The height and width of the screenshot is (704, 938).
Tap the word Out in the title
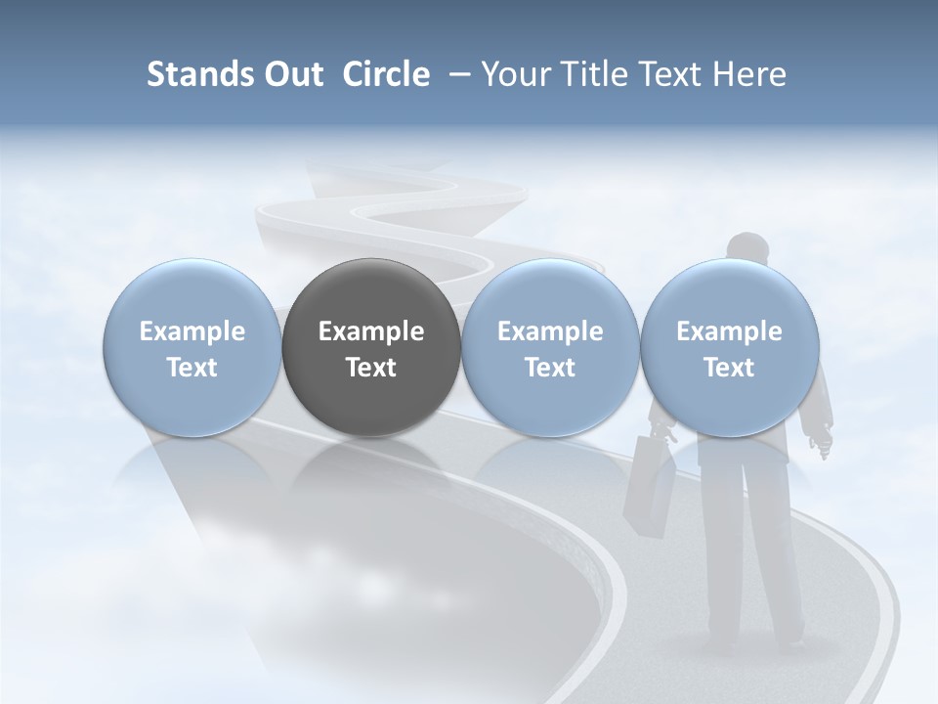click(292, 74)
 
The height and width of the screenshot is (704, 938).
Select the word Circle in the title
click(386, 74)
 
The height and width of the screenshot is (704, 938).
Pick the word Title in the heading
click(595, 74)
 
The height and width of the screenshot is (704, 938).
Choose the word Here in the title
click(749, 74)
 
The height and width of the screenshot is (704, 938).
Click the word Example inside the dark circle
click(371, 331)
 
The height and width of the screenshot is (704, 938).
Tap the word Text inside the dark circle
click(371, 368)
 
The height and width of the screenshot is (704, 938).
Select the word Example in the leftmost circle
click(192, 331)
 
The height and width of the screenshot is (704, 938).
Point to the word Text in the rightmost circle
click(729, 368)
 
